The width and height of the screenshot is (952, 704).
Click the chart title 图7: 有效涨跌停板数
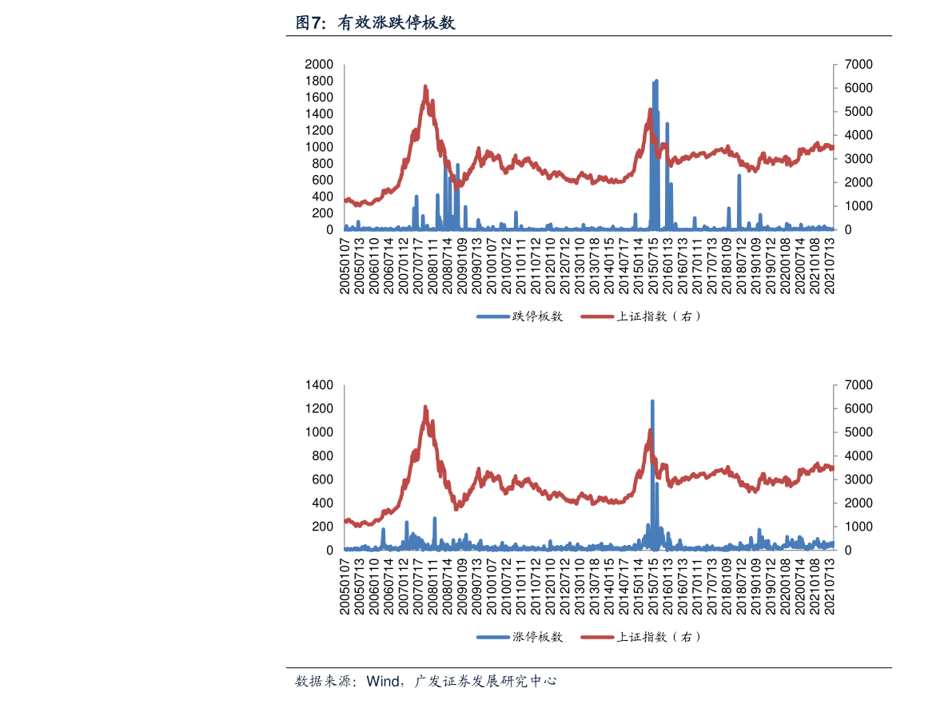click(x=375, y=23)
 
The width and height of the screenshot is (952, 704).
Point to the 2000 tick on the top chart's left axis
click(x=319, y=64)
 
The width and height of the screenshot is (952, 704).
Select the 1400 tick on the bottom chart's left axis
click(x=319, y=385)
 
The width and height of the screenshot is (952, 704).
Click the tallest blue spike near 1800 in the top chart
click(x=656, y=82)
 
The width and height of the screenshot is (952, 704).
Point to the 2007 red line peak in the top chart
click(x=425, y=86)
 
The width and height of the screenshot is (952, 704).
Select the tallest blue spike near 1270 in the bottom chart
click(x=652, y=402)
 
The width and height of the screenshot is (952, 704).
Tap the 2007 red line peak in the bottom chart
click(x=425, y=407)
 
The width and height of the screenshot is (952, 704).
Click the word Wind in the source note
click(x=384, y=682)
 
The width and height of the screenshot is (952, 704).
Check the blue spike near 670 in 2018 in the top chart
click(x=739, y=177)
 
